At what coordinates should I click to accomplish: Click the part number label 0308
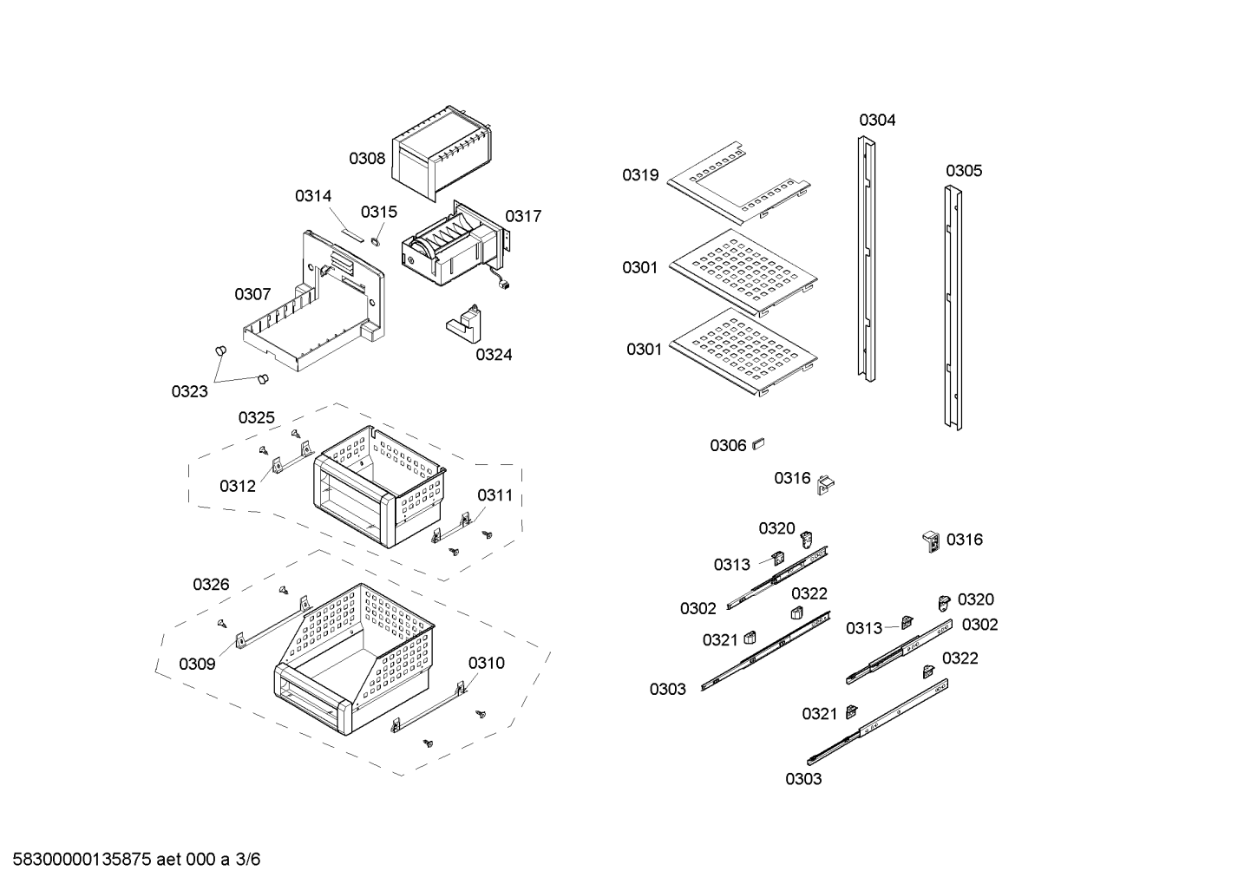click(367, 159)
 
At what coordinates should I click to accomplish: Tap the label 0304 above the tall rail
click(877, 121)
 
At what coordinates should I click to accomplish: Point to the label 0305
click(963, 171)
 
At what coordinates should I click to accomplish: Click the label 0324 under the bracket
click(494, 354)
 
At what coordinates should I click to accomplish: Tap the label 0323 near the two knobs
click(189, 391)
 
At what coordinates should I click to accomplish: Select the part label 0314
click(313, 196)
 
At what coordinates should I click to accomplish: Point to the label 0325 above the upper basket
click(257, 418)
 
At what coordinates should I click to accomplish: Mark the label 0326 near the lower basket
click(211, 585)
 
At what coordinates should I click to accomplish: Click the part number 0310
click(486, 664)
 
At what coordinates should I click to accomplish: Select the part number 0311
click(495, 495)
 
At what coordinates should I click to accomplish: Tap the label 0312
click(238, 486)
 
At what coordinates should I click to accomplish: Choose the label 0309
click(197, 665)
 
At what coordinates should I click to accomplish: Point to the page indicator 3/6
click(248, 860)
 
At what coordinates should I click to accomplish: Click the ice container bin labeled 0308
click(442, 156)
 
